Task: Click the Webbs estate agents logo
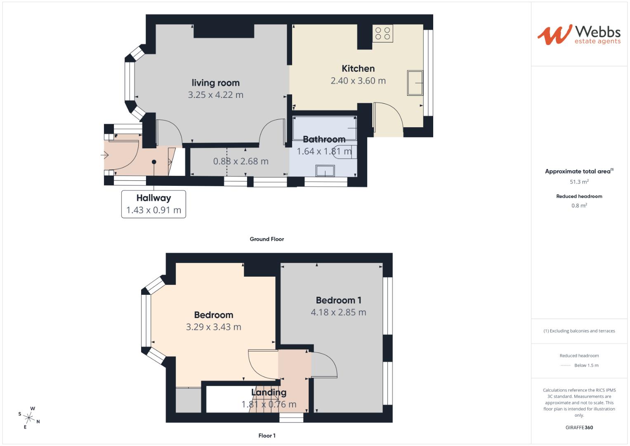click(x=579, y=35)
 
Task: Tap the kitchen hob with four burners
click(x=382, y=33)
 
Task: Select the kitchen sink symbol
click(x=415, y=83)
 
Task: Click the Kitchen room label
click(x=358, y=69)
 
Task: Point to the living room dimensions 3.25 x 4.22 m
click(x=215, y=95)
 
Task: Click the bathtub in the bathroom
click(x=325, y=128)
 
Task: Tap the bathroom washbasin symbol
click(x=325, y=171)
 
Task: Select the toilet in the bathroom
click(x=343, y=151)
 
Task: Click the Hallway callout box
click(x=153, y=204)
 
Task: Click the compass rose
click(x=29, y=418)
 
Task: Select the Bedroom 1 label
click(x=338, y=300)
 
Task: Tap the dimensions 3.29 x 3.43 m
click(x=213, y=327)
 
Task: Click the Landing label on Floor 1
click(x=269, y=392)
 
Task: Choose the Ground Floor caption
click(x=267, y=239)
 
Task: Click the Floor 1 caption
click(x=267, y=436)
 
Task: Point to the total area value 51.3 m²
click(x=579, y=182)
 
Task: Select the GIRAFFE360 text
click(x=579, y=427)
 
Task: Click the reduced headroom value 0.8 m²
click(x=579, y=206)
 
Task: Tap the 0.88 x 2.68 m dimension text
click(x=241, y=161)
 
